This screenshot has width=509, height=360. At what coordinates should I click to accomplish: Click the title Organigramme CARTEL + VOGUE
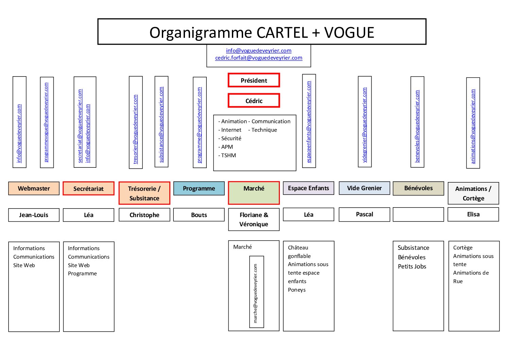point(261,32)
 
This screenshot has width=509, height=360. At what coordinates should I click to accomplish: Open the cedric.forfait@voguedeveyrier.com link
point(258,58)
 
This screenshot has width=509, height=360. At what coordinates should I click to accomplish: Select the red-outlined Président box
point(254,80)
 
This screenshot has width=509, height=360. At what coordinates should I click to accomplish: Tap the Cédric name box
point(254,101)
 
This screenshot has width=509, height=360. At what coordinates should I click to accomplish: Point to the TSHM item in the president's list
point(228,156)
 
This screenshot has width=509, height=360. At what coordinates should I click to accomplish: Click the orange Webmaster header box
point(34,189)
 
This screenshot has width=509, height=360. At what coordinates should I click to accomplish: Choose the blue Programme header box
point(199,189)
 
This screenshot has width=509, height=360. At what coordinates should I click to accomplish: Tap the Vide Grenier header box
point(364,188)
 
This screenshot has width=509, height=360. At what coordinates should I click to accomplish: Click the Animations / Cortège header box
point(473,193)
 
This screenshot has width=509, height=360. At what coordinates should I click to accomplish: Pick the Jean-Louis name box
point(34,215)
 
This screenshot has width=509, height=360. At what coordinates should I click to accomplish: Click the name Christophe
point(144,215)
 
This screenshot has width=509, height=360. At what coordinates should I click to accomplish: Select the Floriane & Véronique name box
point(254,219)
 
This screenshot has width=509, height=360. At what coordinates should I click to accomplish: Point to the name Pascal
point(364,214)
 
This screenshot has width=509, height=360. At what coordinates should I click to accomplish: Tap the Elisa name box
point(473,214)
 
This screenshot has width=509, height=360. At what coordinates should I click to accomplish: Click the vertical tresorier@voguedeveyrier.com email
point(135,129)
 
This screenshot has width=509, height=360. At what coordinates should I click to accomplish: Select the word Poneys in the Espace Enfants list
point(296,290)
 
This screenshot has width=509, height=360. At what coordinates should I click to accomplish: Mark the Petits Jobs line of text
point(412,267)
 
